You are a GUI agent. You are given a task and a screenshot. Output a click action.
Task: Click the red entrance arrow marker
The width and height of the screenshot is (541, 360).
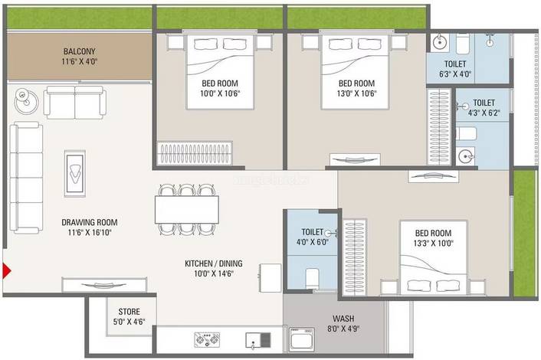(x=6, y=270)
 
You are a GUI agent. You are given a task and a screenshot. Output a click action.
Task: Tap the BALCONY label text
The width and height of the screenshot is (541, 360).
(x=79, y=51)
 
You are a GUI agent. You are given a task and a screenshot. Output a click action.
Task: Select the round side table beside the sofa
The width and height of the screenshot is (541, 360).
(x=26, y=101)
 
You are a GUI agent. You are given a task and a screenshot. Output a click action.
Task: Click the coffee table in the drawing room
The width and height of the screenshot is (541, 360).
(x=75, y=173)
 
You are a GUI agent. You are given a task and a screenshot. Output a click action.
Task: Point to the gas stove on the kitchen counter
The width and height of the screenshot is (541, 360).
(x=207, y=339)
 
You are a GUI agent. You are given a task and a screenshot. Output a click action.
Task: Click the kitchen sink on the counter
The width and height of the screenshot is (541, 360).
(x=258, y=340)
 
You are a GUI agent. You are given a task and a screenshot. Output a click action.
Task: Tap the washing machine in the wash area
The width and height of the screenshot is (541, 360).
(x=302, y=339)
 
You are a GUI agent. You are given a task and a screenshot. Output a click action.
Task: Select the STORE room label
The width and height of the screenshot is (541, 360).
(x=129, y=312)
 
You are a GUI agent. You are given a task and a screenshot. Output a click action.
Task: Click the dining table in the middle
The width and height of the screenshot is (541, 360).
(x=187, y=210)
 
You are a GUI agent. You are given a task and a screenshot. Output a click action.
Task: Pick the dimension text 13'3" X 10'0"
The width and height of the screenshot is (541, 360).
(x=434, y=243)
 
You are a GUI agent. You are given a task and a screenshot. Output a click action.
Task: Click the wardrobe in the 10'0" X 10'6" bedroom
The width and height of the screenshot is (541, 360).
(x=195, y=152)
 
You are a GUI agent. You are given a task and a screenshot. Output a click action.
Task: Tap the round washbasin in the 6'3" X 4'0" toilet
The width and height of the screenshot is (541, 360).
(x=440, y=43)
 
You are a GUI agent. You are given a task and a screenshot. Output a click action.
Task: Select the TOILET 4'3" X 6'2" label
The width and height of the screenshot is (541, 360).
(x=484, y=107)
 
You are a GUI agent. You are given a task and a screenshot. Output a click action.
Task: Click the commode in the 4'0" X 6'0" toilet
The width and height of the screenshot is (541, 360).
(x=312, y=277)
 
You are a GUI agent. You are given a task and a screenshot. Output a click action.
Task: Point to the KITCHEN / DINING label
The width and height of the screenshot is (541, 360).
(x=214, y=263)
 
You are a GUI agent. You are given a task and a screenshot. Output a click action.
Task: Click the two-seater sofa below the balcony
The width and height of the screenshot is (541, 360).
(x=75, y=103)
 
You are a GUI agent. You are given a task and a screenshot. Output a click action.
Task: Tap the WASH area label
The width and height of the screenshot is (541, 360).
(x=343, y=319)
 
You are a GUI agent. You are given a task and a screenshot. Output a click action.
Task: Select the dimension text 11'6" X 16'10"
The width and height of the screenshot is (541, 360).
(x=90, y=232)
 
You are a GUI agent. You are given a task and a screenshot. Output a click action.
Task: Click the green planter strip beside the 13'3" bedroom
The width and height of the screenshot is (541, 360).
(x=523, y=233)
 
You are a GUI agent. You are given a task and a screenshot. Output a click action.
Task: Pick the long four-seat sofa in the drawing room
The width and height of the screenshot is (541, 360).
(x=26, y=178)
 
